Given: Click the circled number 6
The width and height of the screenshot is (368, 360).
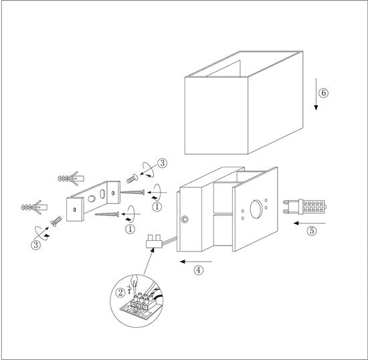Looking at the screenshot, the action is point(323,93).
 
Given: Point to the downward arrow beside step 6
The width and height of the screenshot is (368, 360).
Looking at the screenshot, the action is point(316,94).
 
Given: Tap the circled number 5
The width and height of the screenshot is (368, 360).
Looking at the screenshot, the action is point(312,231).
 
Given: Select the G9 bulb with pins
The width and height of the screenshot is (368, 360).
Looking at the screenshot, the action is point(304,207).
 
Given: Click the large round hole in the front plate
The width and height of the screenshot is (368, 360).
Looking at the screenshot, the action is point(256,209).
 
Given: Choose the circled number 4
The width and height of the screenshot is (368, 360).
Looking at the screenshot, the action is point(199,270).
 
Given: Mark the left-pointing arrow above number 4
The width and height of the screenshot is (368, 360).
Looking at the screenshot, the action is point(196,262).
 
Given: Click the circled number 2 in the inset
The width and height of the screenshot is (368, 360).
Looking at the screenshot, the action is point(120,292).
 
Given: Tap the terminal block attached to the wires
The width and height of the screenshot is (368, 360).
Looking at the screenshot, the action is point(153,242).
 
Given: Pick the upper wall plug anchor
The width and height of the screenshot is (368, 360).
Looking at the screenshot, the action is point(71,179).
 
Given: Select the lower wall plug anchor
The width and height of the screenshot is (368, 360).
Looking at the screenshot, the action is point(34,207).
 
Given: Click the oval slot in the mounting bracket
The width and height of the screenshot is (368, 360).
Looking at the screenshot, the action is point(102,193).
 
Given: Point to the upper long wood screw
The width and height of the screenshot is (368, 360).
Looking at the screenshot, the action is point(132,193).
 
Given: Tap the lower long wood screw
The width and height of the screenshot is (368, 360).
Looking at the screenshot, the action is point(107,214).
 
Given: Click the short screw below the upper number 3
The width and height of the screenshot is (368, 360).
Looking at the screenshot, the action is point(132,179).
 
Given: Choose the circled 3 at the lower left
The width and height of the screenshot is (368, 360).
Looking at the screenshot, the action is point(36,245).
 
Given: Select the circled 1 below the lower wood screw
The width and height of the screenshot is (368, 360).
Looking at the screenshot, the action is point(130,229).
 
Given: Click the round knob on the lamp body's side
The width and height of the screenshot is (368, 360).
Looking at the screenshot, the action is point(185,219).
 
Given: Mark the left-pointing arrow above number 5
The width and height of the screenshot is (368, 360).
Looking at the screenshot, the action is point(310,223).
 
